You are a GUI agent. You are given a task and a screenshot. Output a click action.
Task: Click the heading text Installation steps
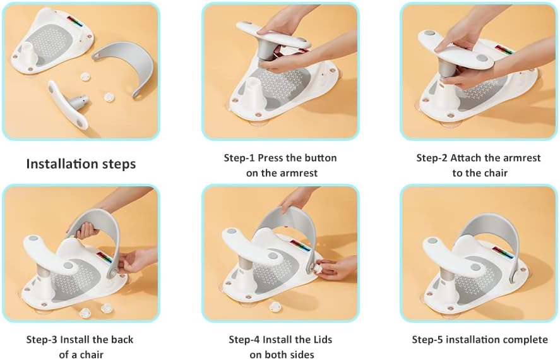pyautogui.click(x=81, y=164)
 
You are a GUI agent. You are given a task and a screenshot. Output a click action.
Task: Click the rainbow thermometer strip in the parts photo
pyautogui.click(x=75, y=21)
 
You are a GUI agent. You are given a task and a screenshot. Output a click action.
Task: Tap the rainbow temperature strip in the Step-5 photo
pyautogui.click(x=504, y=254)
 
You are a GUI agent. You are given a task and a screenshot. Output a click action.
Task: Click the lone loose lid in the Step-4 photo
pyautogui.click(x=275, y=306)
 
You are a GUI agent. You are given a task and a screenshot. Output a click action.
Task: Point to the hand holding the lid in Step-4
pyautogui.click(x=338, y=269)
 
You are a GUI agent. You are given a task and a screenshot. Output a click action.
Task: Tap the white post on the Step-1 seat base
pyautogui.click(x=252, y=93)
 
